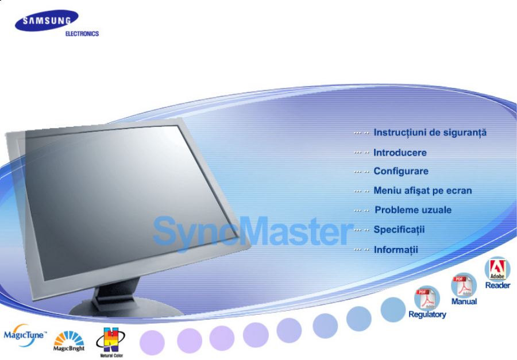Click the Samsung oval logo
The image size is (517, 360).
tap(47, 21)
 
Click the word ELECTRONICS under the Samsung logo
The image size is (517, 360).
tap(82, 34)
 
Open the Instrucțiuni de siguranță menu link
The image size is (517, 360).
tap(430, 133)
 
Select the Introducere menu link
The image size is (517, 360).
tap(400, 153)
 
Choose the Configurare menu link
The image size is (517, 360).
tap(401, 172)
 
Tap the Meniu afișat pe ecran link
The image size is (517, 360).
tap(423, 191)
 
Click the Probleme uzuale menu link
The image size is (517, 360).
tap(413, 210)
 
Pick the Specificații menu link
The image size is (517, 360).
tap(399, 230)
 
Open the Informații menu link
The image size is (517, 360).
tap(396, 250)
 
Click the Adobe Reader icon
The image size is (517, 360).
tap(497, 269)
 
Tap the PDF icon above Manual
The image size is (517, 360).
tap(464, 285)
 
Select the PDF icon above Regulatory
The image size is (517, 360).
tap(427, 297)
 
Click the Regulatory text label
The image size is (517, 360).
tap(427, 314)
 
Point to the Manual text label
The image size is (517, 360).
tap(464, 301)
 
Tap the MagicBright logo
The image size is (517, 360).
tap(69, 341)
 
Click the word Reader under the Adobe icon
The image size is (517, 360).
tap(497, 285)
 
